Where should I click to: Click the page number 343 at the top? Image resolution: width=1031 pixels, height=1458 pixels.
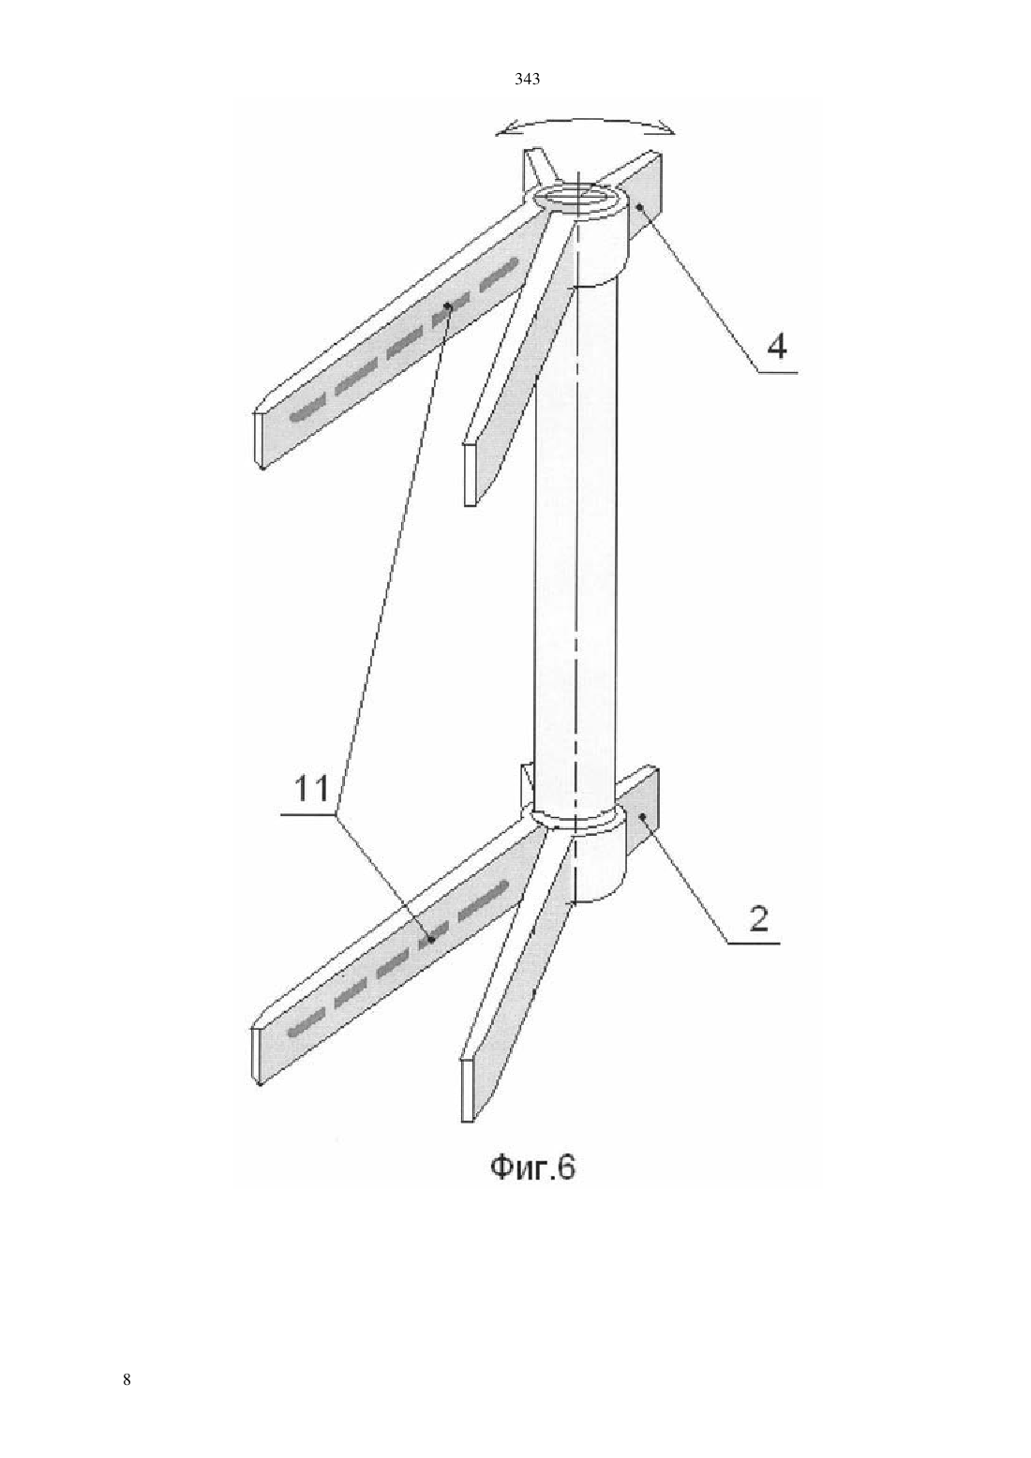[527, 80]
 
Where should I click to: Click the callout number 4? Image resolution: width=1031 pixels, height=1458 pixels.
[776, 346]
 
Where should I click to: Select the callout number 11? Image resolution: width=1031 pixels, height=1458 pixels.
[312, 790]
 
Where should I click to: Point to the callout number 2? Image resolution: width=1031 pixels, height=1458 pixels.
[759, 919]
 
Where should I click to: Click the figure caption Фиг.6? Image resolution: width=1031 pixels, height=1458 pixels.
[532, 1168]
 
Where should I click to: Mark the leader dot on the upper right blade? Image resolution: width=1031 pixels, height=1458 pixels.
[640, 207]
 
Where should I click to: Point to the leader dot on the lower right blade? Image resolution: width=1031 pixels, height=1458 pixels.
[642, 816]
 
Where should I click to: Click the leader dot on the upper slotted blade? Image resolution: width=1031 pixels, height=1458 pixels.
[448, 305]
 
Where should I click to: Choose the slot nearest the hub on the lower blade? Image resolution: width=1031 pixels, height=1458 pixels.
[484, 898]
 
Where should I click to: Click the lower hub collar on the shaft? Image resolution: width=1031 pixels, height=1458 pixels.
[577, 856]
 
